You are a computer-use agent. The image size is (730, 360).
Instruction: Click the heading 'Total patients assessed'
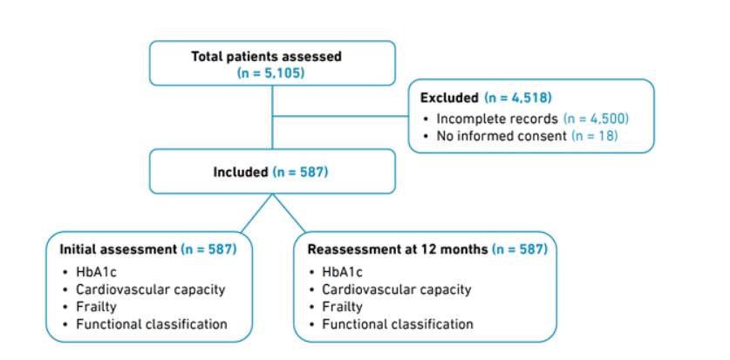pyautogui.click(x=266, y=57)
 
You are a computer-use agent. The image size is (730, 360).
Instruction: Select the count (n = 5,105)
pyautogui.click(x=270, y=73)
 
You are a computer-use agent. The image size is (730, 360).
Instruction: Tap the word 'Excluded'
pyautogui.click(x=449, y=98)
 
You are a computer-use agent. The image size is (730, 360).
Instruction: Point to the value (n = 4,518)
pyautogui.click(x=518, y=98)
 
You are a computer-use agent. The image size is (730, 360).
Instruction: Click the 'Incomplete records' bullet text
pyautogui.click(x=497, y=119)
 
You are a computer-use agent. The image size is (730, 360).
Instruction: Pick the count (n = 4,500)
pyautogui.click(x=596, y=119)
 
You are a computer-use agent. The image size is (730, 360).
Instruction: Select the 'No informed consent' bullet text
pyautogui.click(x=501, y=136)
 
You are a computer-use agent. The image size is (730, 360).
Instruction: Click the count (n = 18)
pyautogui.click(x=595, y=136)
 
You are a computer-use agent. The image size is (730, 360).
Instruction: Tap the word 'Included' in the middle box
pyautogui.click(x=241, y=172)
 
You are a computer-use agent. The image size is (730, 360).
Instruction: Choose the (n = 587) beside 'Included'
pyautogui.click(x=301, y=172)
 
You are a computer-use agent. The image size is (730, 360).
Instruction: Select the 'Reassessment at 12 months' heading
pyautogui.click(x=398, y=249)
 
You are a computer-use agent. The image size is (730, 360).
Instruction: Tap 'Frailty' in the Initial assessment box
pyautogui.click(x=96, y=307)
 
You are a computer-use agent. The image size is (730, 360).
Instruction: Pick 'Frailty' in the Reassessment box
pyautogui.click(x=342, y=307)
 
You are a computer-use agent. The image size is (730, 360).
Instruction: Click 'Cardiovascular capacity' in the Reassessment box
pyautogui.click(x=397, y=289)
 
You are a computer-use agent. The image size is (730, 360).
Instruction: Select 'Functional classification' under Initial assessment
pyautogui.click(x=152, y=323)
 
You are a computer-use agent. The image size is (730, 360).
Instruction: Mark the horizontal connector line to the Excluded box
pyautogui.click(x=340, y=116)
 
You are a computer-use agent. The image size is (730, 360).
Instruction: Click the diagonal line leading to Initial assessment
pyautogui.click(x=256, y=213)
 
